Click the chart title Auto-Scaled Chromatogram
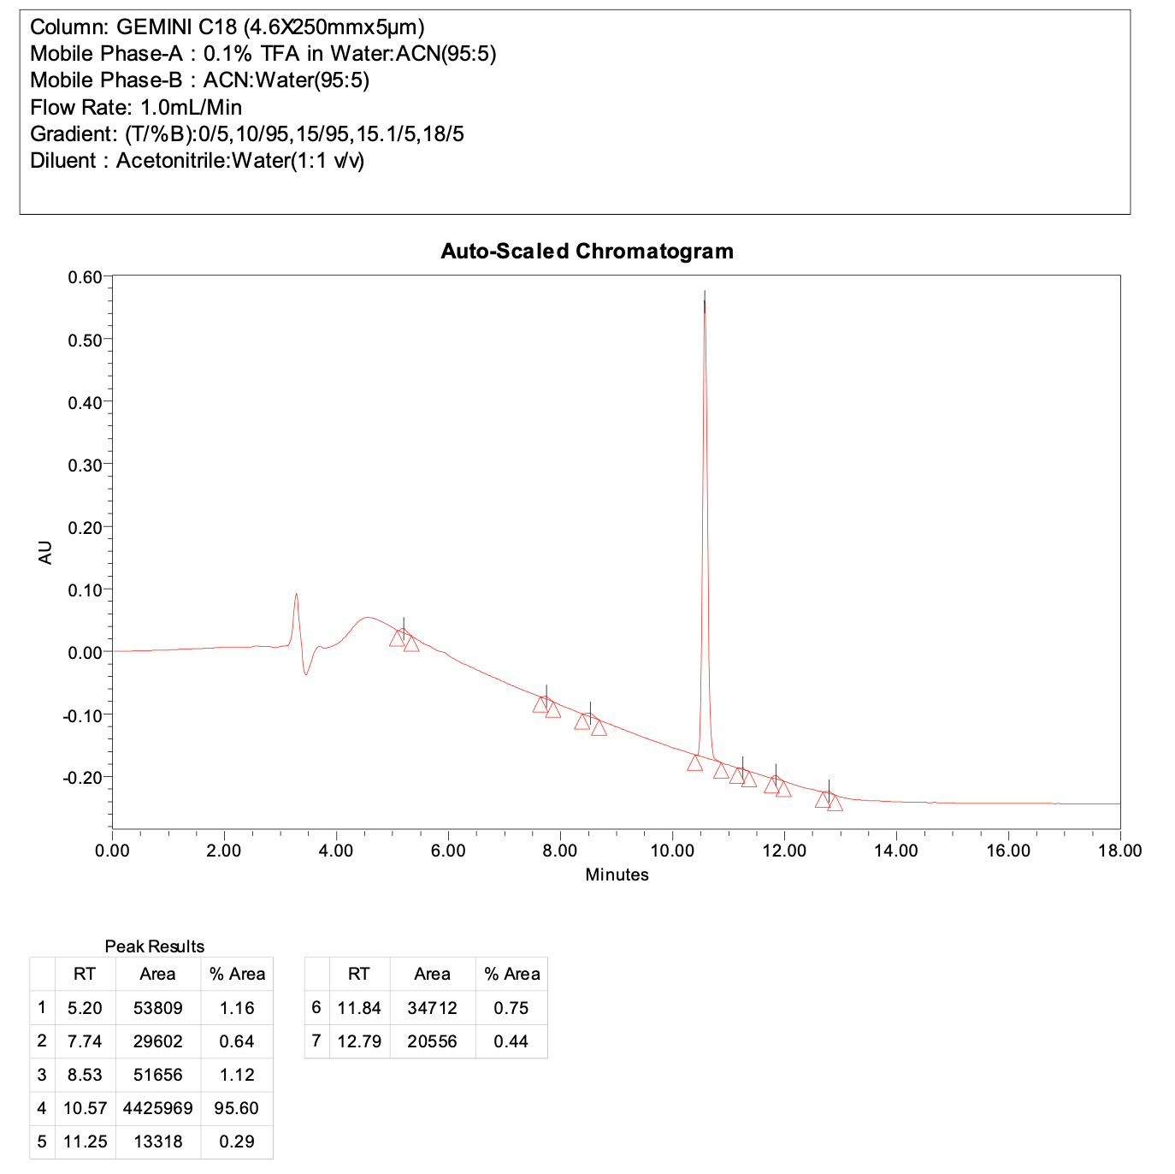587,252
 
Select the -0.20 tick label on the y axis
82,778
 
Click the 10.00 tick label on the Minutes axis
672,851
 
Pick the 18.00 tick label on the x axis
1119,851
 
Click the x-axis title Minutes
617,875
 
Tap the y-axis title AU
45,553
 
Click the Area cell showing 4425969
157,1108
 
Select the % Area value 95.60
237,1108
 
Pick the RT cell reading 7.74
85,1041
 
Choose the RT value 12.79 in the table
359,1041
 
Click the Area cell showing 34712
432,1008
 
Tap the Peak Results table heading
155,946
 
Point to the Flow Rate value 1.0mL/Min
191,108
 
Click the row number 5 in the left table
42,1141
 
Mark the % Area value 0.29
237,1141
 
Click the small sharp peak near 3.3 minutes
296,596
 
